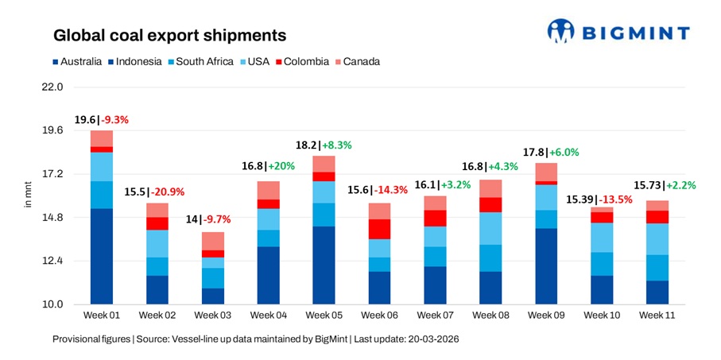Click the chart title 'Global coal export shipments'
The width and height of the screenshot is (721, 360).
coord(169,36)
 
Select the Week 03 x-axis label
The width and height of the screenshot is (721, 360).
coord(212,315)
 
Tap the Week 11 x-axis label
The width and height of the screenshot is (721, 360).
coord(657,315)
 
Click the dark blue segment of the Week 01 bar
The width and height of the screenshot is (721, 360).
coord(101,256)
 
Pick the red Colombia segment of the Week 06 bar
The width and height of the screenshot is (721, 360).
coord(379,229)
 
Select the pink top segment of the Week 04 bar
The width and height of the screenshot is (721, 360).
coord(268,190)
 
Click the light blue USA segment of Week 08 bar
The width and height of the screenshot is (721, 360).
coord(490,228)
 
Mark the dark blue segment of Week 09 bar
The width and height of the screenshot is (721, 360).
coord(546,266)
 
